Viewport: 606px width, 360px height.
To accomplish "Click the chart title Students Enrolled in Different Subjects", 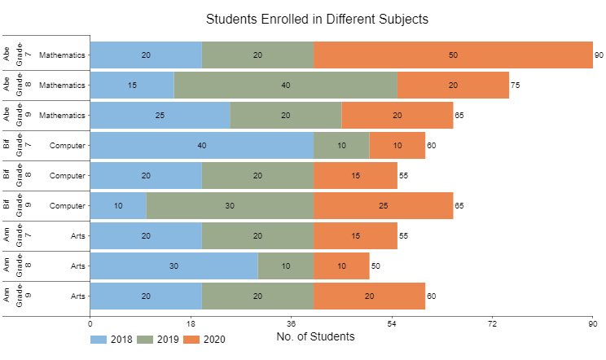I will click(x=317, y=19).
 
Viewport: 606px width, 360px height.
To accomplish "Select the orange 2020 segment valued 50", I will click(x=453, y=55).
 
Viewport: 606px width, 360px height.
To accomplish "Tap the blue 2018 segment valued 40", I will click(x=202, y=146).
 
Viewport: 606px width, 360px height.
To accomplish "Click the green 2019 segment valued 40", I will click(x=285, y=86).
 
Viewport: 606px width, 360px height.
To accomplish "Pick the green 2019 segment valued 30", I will click(x=230, y=206).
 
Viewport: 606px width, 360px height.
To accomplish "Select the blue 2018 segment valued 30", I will click(x=173, y=266).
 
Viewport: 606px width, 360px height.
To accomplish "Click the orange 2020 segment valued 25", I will click(x=383, y=206).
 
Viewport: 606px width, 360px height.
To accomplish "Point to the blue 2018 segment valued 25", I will click(x=160, y=116).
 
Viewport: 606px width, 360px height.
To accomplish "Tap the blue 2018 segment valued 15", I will click(x=132, y=86).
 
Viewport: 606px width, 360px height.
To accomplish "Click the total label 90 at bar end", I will click(x=599, y=55).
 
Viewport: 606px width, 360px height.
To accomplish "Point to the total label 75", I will click(x=516, y=86).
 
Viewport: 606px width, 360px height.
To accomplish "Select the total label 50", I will click(x=375, y=266).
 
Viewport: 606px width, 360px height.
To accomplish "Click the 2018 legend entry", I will click(x=111, y=339).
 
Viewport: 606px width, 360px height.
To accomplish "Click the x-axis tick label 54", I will click(x=392, y=323).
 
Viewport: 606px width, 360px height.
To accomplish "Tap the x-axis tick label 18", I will click(x=191, y=323).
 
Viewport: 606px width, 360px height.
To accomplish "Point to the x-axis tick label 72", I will click(x=493, y=323).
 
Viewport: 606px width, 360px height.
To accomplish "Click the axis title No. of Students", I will click(x=315, y=336).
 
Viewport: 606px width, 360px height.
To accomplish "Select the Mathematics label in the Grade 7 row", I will click(x=62, y=55).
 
